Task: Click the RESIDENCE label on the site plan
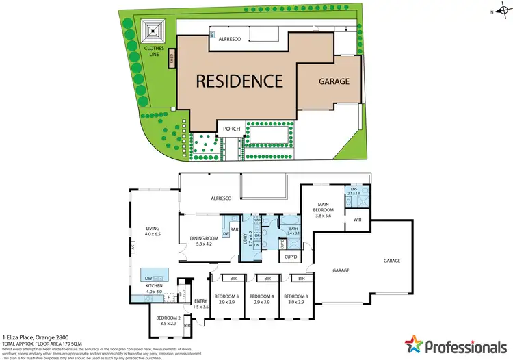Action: click(239, 81)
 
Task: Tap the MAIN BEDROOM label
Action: click(322, 209)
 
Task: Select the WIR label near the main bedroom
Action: click(358, 220)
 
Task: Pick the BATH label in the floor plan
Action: click(294, 231)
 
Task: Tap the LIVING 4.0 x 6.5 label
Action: click(151, 231)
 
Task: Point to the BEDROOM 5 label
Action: click(226, 299)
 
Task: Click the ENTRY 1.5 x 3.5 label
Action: click(200, 303)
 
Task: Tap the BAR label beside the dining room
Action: click(233, 229)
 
